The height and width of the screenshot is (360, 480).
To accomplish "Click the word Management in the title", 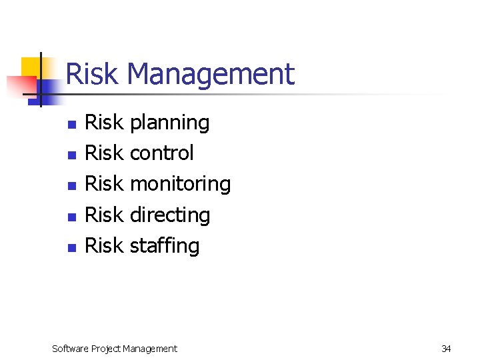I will pyautogui.click(x=210, y=73).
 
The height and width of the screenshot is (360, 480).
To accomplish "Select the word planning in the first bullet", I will pyautogui.click(x=169, y=123).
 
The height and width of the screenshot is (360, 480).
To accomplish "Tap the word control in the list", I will pyautogui.click(x=161, y=153).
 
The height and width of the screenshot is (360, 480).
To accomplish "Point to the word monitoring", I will pyautogui.click(x=180, y=184).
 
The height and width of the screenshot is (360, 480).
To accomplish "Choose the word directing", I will pyautogui.click(x=169, y=215).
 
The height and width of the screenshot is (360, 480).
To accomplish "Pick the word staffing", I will pyautogui.click(x=165, y=245).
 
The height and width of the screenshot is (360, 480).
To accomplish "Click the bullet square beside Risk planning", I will pyautogui.click(x=73, y=124).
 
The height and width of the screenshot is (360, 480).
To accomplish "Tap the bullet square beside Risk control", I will pyautogui.click(x=73, y=155).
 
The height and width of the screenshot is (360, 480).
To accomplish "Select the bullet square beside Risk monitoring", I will pyautogui.click(x=73, y=185).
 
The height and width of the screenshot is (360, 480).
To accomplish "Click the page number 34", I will pyautogui.click(x=446, y=348).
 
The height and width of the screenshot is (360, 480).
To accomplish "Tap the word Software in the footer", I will pyautogui.click(x=71, y=348).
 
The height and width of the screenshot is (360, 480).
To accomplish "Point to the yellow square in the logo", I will pyautogui.click(x=32, y=67).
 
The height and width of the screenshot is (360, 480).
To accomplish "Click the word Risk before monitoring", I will pyautogui.click(x=104, y=184).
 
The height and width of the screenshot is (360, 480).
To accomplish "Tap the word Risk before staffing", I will pyautogui.click(x=104, y=245).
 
